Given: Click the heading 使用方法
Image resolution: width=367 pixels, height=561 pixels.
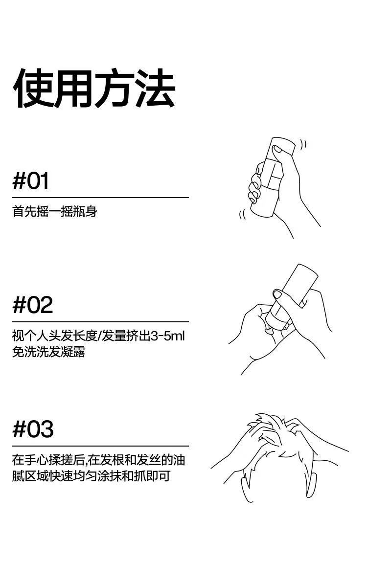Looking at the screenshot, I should coord(94,89).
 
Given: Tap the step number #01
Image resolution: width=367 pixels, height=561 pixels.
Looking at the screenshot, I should coord(31,181).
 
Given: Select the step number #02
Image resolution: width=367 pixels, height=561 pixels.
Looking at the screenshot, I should coord(32,305).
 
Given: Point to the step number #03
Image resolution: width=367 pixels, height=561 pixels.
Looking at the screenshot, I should coord(33,429).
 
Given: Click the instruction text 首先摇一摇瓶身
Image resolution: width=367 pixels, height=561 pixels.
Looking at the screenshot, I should coord(54,212).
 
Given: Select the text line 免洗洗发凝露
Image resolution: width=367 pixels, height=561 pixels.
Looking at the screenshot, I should coord(48,352).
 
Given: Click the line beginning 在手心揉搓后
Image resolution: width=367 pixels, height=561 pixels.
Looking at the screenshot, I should coord(98,460).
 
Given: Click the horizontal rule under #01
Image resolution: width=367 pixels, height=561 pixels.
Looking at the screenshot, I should coord(100,198).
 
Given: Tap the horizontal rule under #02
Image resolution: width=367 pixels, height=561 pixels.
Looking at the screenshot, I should coord(100,322).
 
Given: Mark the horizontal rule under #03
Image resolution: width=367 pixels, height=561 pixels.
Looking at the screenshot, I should coord(100,446).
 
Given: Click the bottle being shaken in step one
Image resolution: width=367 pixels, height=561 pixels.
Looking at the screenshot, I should coord(272,179).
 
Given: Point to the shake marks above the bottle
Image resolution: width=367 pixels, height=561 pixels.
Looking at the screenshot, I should coord(304,144).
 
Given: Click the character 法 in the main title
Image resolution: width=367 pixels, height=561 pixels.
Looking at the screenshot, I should coord(156,89).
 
